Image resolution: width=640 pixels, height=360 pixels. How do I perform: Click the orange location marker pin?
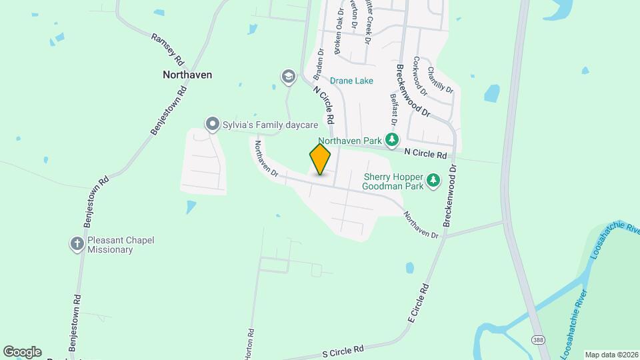(x=320, y=159)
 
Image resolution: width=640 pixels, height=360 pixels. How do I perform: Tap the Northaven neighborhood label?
(x=187, y=75)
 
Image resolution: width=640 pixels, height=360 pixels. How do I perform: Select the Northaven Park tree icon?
(x=393, y=140)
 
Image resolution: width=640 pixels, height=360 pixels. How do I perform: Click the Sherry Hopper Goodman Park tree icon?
(x=433, y=180)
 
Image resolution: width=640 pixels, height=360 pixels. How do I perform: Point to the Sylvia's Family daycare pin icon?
(x=212, y=125)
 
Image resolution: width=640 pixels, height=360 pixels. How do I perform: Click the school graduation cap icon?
(x=288, y=77)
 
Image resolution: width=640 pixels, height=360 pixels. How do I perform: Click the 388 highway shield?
(x=538, y=340)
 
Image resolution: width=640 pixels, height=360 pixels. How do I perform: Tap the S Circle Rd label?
(x=343, y=349)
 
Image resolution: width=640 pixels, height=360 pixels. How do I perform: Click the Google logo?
(x=22, y=352)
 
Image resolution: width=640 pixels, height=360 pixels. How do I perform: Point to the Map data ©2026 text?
(x=611, y=354)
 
